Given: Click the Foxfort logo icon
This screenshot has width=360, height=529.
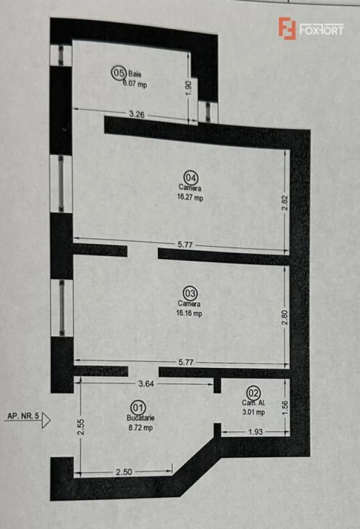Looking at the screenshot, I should [287, 28].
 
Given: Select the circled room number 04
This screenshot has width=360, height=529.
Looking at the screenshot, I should [191, 176].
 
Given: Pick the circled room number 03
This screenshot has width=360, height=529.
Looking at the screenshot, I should [190, 292].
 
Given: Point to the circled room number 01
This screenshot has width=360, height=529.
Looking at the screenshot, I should [139, 407].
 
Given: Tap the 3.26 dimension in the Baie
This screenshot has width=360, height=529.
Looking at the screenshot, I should [137, 115].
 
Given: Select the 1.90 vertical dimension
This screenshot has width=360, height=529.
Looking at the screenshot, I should [189, 88].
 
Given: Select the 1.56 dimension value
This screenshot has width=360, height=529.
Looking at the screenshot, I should [285, 407].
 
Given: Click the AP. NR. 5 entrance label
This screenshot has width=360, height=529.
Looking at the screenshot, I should [23, 416].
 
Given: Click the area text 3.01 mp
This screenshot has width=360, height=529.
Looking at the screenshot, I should [254, 412].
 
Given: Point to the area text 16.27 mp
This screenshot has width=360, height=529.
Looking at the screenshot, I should [191, 198].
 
